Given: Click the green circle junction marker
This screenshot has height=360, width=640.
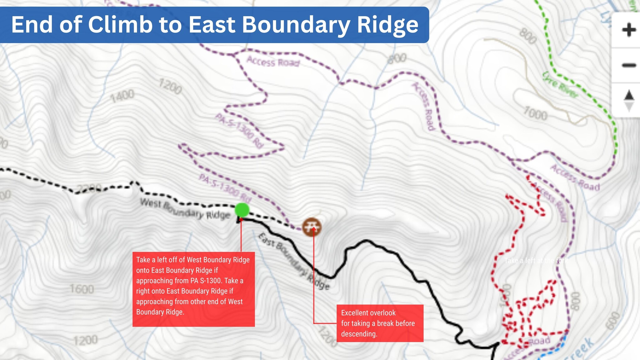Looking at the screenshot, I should click(242, 210).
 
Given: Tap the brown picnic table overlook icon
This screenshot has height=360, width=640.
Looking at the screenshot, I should click(312, 227).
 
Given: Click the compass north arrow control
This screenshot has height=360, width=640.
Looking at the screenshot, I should click(629, 100).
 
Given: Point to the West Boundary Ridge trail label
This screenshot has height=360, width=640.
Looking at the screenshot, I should click(185, 209).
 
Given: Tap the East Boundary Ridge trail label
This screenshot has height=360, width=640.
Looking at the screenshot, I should click(293, 261).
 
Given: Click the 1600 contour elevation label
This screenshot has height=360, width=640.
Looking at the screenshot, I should click(82, 289).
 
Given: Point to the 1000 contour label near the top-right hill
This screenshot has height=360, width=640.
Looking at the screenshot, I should click(535, 113).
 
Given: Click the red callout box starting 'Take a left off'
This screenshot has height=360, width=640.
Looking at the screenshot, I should click(193, 289).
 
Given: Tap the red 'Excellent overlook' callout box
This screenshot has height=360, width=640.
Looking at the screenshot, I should click(380, 323).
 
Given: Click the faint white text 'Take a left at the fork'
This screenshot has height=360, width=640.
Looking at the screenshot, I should click(536, 261).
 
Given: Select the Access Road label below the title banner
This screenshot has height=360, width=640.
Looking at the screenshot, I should click(273, 61).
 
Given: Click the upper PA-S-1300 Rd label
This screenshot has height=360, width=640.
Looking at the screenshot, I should click(239, 130).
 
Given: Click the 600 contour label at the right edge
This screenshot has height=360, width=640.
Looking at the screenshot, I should click(613, 321).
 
